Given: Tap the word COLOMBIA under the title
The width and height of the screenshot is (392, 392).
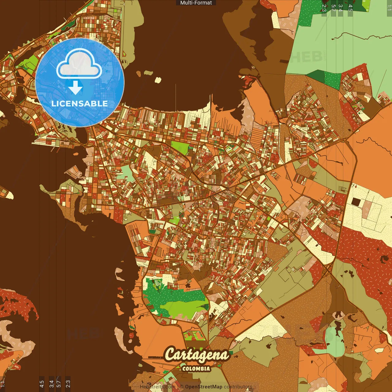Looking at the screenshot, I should pyautogui.click(x=196, y=369).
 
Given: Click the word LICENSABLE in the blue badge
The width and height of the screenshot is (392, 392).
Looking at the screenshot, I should pyautogui.click(x=80, y=104).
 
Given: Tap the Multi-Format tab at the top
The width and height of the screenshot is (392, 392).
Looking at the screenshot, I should pyautogui.click(x=196, y=3).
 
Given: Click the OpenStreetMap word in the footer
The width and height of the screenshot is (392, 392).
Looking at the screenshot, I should pyautogui.click(x=204, y=387).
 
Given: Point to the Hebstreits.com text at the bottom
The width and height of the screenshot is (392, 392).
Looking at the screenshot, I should pyautogui.click(x=157, y=387).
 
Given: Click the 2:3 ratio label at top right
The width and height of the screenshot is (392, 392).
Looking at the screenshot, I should pyautogui.click(x=324, y=8).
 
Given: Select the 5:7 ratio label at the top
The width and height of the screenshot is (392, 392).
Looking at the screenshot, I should pyautogui.click(x=333, y=8).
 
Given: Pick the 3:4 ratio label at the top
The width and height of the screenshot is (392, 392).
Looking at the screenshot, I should pyautogui.click(x=341, y=8).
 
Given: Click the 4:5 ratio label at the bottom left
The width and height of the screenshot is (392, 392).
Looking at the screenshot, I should pyautogui.click(x=42, y=384).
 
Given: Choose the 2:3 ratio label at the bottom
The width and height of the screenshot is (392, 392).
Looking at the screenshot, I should pyautogui.click(x=68, y=384).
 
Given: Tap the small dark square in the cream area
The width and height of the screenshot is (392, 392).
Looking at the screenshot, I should pyautogui.click(x=356, y=202).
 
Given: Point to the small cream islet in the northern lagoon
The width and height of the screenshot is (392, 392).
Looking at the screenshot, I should pyautogui.click(x=158, y=80).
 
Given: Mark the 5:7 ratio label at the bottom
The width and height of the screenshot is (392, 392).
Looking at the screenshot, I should pyautogui.click(x=59, y=384).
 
